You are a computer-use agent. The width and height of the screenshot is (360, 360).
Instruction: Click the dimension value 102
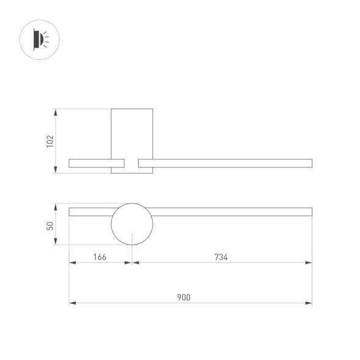(51, 141)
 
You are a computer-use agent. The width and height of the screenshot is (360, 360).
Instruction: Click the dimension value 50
(51, 226)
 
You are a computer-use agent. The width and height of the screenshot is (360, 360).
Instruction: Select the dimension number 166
(100, 257)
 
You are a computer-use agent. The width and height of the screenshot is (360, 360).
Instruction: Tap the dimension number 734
(221, 257)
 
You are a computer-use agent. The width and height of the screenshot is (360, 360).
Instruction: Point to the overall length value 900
(184, 298)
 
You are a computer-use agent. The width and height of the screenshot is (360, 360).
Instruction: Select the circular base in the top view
(131, 224)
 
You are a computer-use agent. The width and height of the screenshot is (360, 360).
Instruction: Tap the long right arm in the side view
(232, 163)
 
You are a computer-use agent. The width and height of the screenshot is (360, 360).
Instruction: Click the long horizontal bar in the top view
(232, 211)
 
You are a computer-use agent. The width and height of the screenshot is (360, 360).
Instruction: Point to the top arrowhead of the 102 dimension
(57, 112)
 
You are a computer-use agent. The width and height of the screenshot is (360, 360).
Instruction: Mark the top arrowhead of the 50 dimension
(57, 207)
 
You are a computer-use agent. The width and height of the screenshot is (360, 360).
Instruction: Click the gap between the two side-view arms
(131, 163)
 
